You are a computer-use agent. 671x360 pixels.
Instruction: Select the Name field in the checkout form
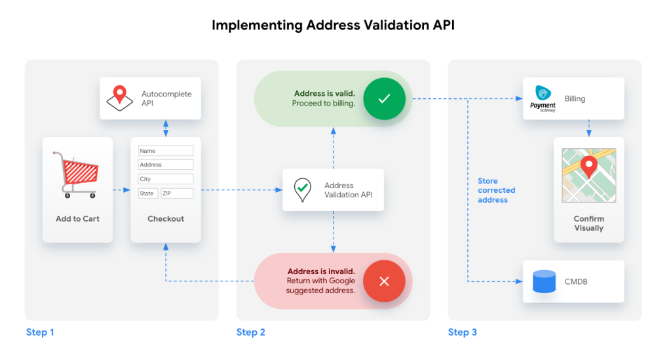coord(166,151)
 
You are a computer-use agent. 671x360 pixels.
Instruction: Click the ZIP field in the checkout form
coord(177,193)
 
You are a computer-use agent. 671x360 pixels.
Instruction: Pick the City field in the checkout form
coord(166,179)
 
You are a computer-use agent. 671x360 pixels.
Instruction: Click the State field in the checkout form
coord(147,193)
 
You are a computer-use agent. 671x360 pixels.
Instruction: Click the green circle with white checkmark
coord(384,99)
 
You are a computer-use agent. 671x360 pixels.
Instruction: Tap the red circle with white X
coord(384,281)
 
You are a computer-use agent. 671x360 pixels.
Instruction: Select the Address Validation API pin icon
coord(301,190)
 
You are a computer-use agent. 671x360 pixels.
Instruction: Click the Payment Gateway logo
coord(543,99)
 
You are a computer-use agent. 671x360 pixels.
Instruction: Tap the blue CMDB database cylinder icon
coord(543,281)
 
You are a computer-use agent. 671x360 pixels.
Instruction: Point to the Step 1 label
coord(40,332)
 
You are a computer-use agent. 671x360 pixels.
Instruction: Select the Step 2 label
coord(251,332)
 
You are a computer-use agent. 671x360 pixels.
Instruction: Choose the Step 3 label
coord(463,332)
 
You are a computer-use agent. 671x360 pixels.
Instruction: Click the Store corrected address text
coord(496,190)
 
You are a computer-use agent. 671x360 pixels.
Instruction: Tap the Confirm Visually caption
coord(588,224)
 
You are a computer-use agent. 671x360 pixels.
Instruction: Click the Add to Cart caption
coord(78,219)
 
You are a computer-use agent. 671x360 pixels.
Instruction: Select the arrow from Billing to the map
coord(588,128)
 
